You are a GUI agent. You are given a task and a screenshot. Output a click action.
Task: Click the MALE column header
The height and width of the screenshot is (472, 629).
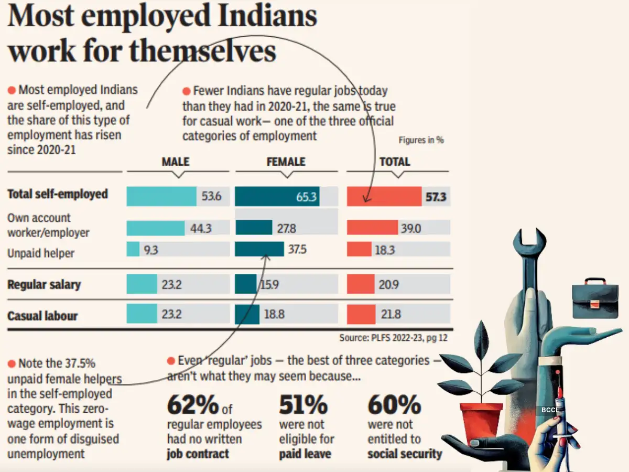click(x=175, y=162)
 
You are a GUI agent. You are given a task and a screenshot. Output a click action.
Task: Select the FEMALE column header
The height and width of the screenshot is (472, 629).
click(x=286, y=162)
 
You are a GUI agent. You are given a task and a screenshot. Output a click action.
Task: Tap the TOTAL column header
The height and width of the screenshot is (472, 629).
click(x=395, y=162)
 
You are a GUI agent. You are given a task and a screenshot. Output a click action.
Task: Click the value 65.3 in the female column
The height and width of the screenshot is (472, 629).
click(x=306, y=197)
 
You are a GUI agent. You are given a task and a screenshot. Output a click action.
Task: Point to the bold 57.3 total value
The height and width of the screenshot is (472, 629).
click(x=436, y=197)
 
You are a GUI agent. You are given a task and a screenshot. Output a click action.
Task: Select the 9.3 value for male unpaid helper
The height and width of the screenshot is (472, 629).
click(x=150, y=250)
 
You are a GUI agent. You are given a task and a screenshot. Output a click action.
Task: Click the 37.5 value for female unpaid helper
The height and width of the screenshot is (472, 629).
click(x=297, y=250)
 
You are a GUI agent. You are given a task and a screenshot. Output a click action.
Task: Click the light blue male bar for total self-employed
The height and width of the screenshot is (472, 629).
click(x=161, y=197)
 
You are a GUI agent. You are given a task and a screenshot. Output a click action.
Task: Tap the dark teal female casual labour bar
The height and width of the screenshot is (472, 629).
click(x=247, y=315)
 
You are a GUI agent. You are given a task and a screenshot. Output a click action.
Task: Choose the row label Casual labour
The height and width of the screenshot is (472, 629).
click(x=42, y=316)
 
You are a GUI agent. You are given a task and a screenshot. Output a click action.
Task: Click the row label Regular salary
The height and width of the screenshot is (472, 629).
click(x=44, y=285)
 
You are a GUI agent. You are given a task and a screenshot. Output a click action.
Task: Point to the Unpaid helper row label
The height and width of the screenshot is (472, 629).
click(x=41, y=253)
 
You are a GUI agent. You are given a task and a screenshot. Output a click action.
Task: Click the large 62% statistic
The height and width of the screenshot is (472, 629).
click(x=192, y=404)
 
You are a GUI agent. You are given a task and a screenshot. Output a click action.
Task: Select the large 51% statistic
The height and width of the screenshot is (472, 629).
click(x=303, y=404)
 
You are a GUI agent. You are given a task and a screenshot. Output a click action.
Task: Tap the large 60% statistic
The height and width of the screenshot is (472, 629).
click(x=394, y=404)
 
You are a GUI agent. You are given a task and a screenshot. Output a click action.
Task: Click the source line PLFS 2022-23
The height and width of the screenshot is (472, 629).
click(x=393, y=338)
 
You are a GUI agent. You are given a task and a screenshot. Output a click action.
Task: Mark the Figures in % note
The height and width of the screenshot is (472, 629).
click(x=421, y=141)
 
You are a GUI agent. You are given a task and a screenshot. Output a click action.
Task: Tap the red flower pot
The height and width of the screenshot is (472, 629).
click(x=481, y=423)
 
